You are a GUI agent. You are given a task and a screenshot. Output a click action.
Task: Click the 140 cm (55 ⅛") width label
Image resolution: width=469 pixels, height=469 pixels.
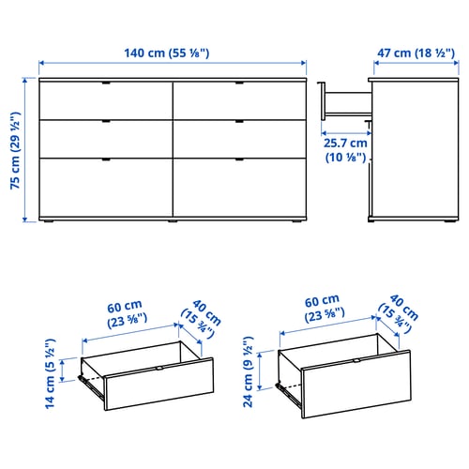(x=167, y=53)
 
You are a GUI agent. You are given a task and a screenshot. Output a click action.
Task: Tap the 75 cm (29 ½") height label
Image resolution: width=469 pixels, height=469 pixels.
(x=15, y=150)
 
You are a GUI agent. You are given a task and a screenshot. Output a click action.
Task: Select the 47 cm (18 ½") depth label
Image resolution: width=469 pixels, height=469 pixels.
(x=416, y=53)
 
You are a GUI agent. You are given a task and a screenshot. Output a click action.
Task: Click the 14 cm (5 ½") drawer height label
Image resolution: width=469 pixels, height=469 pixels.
(x=50, y=373)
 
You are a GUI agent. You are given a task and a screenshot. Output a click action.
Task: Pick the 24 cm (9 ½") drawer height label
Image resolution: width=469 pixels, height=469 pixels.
(x=248, y=371)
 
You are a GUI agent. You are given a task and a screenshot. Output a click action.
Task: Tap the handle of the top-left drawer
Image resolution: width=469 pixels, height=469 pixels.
(x=106, y=83)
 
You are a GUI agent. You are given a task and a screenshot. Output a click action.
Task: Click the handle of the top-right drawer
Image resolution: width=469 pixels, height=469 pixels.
(x=239, y=83)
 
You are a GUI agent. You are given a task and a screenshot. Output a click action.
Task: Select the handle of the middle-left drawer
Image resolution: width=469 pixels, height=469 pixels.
(x=106, y=121)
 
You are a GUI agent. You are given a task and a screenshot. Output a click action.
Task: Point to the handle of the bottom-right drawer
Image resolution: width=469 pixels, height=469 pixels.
(x=239, y=159)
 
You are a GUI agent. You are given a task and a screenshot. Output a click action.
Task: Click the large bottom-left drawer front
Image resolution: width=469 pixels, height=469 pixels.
(x=106, y=188)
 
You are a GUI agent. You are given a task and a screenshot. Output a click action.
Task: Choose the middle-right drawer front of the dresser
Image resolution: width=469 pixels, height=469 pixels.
(x=239, y=139)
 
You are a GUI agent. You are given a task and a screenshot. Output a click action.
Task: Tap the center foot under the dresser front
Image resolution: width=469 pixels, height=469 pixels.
(x=173, y=221)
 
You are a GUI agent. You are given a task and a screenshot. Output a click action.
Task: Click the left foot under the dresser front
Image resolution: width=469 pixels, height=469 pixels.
(x=49, y=221)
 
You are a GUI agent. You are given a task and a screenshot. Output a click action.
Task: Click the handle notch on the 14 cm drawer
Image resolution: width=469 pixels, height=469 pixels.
(x=159, y=369)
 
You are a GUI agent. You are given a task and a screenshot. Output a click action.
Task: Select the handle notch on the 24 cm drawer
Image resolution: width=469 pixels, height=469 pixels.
(x=356, y=360)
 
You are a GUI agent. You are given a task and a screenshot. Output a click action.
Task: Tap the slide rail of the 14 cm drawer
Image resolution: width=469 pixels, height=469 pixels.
(x=91, y=387)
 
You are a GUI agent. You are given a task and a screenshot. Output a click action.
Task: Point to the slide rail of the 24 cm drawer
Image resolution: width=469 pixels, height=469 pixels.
(x=289, y=395)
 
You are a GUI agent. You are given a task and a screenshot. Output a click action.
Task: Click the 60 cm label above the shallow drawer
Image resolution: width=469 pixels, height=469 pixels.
(x=125, y=307)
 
